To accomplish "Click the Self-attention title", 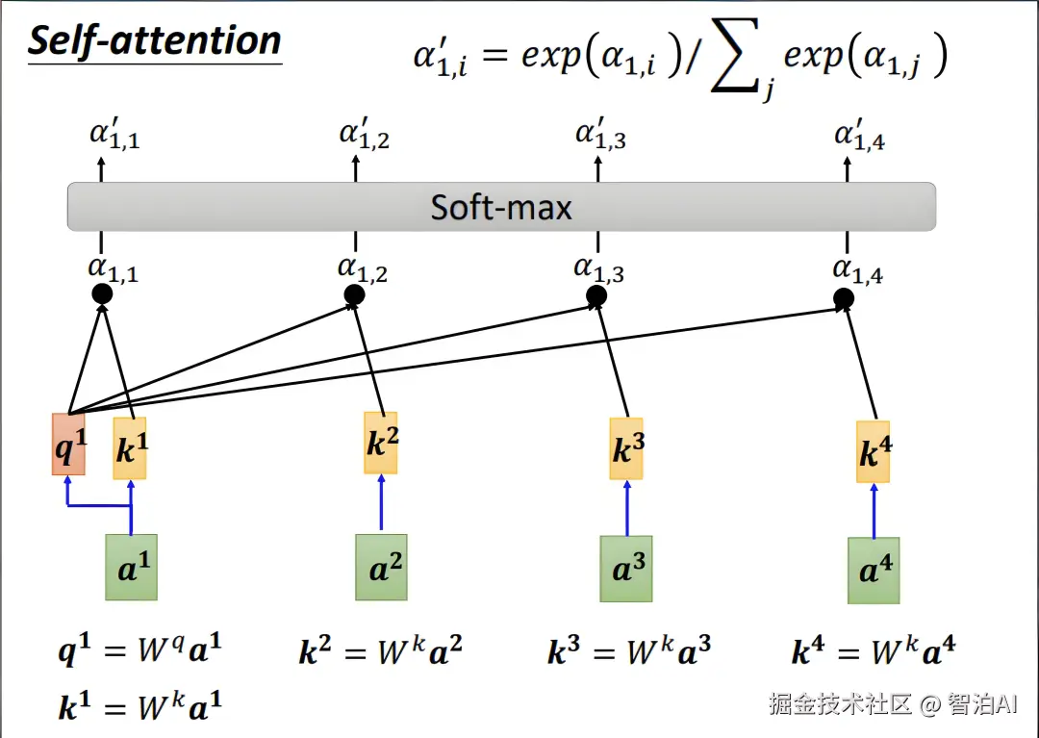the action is [155, 41].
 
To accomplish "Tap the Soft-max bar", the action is [501, 207].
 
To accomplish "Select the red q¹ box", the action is [69, 445].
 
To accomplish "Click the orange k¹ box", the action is [130, 448].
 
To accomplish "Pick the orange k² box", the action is [381, 444].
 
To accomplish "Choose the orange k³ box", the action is [626, 448].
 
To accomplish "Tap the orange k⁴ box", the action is [874, 452].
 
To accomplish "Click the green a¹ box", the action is [131, 567].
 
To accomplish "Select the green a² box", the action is [381, 567].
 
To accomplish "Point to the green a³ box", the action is [626, 569].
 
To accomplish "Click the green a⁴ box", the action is [874, 571].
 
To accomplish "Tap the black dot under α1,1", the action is [102, 293].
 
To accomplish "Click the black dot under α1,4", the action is [844, 299].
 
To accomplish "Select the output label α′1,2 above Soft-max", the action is [365, 134].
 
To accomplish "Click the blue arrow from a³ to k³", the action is [627, 508].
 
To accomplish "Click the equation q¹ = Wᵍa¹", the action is [139, 649].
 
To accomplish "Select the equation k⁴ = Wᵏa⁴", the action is [874, 649].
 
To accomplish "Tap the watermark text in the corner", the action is [893, 703].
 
